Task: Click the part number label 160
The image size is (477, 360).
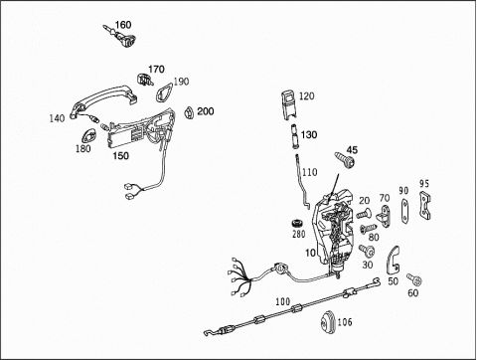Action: click(x=123, y=25)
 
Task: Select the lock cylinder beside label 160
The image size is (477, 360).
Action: click(x=121, y=37)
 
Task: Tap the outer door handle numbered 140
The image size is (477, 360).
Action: click(x=103, y=100)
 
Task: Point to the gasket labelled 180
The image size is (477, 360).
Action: click(x=88, y=136)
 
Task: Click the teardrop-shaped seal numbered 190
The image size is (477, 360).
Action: click(x=164, y=92)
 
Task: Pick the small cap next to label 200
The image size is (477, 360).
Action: click(x=189, y=112)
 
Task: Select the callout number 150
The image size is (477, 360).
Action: click(x=120, y=155)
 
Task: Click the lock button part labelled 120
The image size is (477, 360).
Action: click(x=289, y=104)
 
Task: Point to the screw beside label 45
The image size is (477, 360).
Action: click(x=345, y=160)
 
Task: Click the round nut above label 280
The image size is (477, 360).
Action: click(x=297, y=224)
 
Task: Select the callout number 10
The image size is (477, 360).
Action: click(x=310, y=253)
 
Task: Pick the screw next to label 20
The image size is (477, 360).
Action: click(x=364, y=213)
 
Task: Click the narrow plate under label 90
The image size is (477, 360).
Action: click(x=404, y=211)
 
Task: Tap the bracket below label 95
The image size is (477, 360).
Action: click(x=425, y=206)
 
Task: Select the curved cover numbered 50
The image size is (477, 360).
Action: click(x=393, y=261)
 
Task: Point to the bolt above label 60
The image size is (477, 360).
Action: click(x=414, y=280)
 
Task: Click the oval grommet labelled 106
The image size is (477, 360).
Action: click(x=328, y=320)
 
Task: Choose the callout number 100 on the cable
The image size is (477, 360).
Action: click(x=282, y=301)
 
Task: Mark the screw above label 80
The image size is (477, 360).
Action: click(x=369, y=228)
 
